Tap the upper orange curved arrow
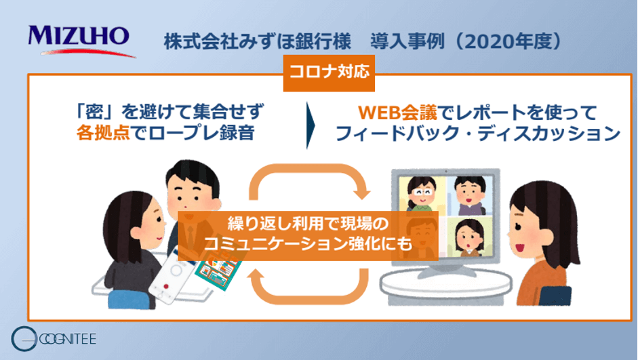click(308, 183)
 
